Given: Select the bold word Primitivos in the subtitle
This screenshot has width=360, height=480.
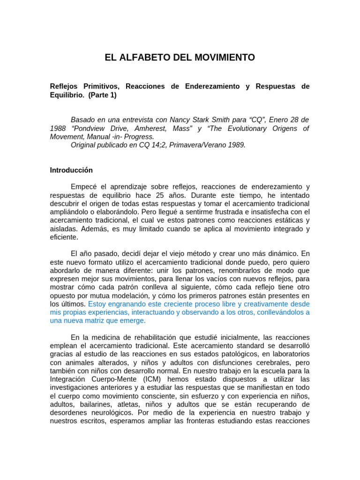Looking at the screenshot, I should tap(97, 87).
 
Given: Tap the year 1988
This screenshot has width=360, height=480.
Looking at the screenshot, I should tap(58, 128).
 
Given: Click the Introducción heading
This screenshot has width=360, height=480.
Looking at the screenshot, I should tap(71, 170).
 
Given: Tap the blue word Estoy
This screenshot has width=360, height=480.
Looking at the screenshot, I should tap(97, 304).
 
